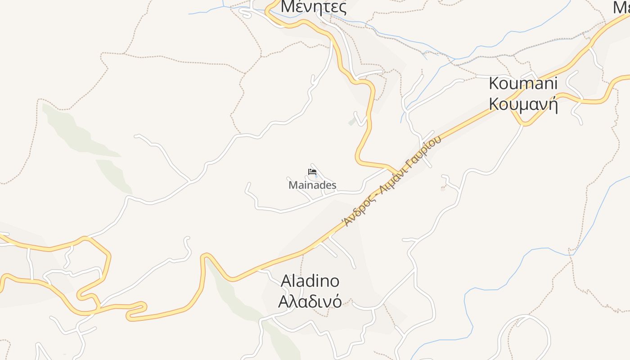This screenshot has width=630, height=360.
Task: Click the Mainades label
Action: coord(312,185)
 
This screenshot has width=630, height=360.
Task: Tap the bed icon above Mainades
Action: coord(312,171)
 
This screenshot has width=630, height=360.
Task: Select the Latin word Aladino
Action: coord(310,281)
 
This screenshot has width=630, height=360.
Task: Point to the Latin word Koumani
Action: coord(523,83)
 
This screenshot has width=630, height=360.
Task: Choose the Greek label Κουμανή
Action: coord(523,104)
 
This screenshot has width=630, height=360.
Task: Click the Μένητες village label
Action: coord(314,7)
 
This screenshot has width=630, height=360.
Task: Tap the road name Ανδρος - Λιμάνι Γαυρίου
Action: coord(391,180)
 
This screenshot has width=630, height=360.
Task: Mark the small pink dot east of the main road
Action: coord(442,189)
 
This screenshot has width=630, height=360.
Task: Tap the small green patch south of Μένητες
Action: coord(352,122)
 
